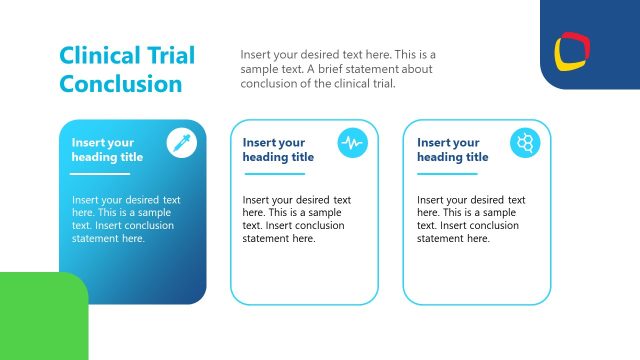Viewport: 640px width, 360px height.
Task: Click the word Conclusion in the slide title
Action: [x=121, y=84]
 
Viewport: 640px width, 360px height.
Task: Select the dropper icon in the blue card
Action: [x=181, y=143]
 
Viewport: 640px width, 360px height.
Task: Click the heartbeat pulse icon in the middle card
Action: [x=352, y=143]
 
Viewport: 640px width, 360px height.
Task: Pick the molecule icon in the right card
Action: [x=525, y=143]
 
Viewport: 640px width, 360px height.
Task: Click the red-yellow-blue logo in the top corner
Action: [x=574, y=49]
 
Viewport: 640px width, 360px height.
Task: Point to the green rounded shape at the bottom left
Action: [x=40, y=318]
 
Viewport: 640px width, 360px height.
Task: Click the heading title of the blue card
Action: [x=107, y=150]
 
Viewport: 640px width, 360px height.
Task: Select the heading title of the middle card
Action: [x=278, y=150]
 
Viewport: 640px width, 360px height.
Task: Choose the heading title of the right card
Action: [x=452, y=150]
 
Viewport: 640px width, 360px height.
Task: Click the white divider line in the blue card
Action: [x=100, y=174]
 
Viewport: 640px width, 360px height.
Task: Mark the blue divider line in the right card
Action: [x=447, y=174]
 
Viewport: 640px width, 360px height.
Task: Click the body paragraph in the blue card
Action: [x=126, y=219]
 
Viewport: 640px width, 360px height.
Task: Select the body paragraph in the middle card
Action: [x=297, y=219]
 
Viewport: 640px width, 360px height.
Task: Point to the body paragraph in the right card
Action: [x=471, y=219]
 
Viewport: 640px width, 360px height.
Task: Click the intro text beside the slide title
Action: [x=337, y=68]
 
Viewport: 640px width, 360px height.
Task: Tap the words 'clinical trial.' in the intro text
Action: [x=363, y=83]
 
